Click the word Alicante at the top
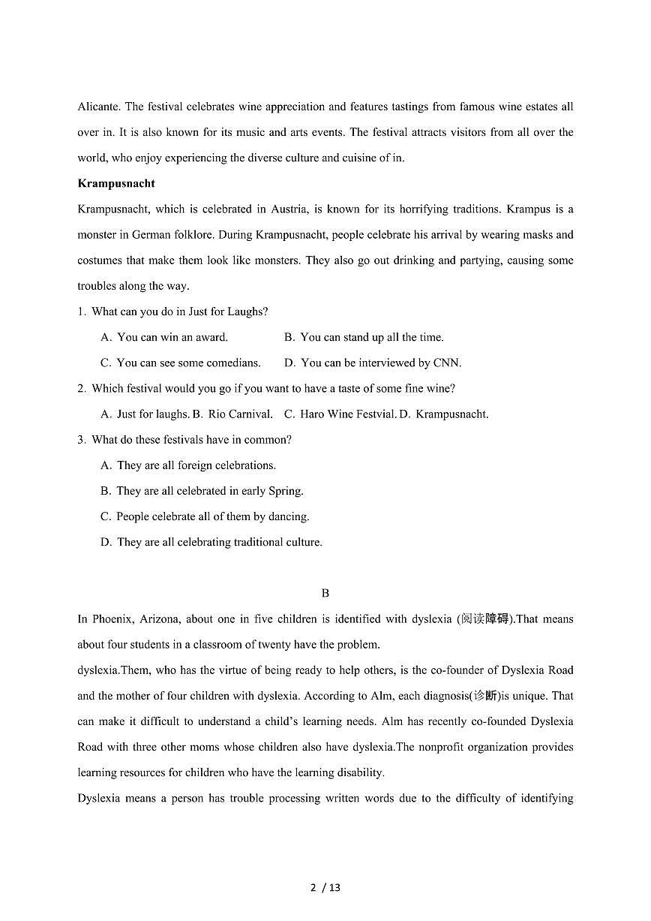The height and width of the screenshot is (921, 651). click(x=97, y=107)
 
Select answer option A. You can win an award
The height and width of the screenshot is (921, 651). click(x=164, y=337)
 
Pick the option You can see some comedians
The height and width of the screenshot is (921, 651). click(x=181, y=363)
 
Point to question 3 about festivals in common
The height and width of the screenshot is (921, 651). click(x=184, y=439)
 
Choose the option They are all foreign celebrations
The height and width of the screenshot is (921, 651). click(x=188, y=465)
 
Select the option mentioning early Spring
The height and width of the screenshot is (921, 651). click(x=202, y=490)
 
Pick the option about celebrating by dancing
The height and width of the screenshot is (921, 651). click(x=205, y=516)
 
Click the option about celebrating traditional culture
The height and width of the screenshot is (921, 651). click(x=211, y=541)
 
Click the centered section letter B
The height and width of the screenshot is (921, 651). click(x=325, y=593)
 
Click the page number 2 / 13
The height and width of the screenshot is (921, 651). click(x=325, y=887)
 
